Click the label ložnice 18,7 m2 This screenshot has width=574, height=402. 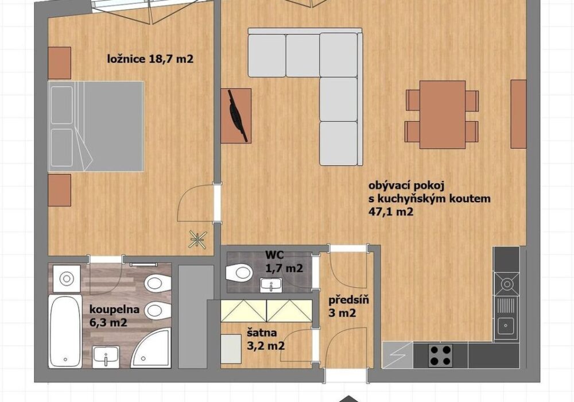(150, 59)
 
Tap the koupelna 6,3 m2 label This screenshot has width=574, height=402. (115, 316)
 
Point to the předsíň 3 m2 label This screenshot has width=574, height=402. (348, 307)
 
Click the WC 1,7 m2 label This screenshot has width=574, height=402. (284, 261)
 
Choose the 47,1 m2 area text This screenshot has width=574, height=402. (390, 211)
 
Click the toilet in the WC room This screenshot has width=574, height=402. (239, 273)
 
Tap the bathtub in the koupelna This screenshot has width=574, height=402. (65, 331)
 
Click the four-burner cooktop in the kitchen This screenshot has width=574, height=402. (440, 355)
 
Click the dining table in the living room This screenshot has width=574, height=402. (442, 115)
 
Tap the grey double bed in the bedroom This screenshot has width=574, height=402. (95, 126)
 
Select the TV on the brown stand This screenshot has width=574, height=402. (238, 115)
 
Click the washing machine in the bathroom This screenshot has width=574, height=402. (67, 279)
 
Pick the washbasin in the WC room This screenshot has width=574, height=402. (270, 284)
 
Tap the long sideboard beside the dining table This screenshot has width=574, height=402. (518, 114)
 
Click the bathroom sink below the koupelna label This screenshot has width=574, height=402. (106, 356)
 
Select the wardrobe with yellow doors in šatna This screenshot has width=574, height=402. (266, 311)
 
